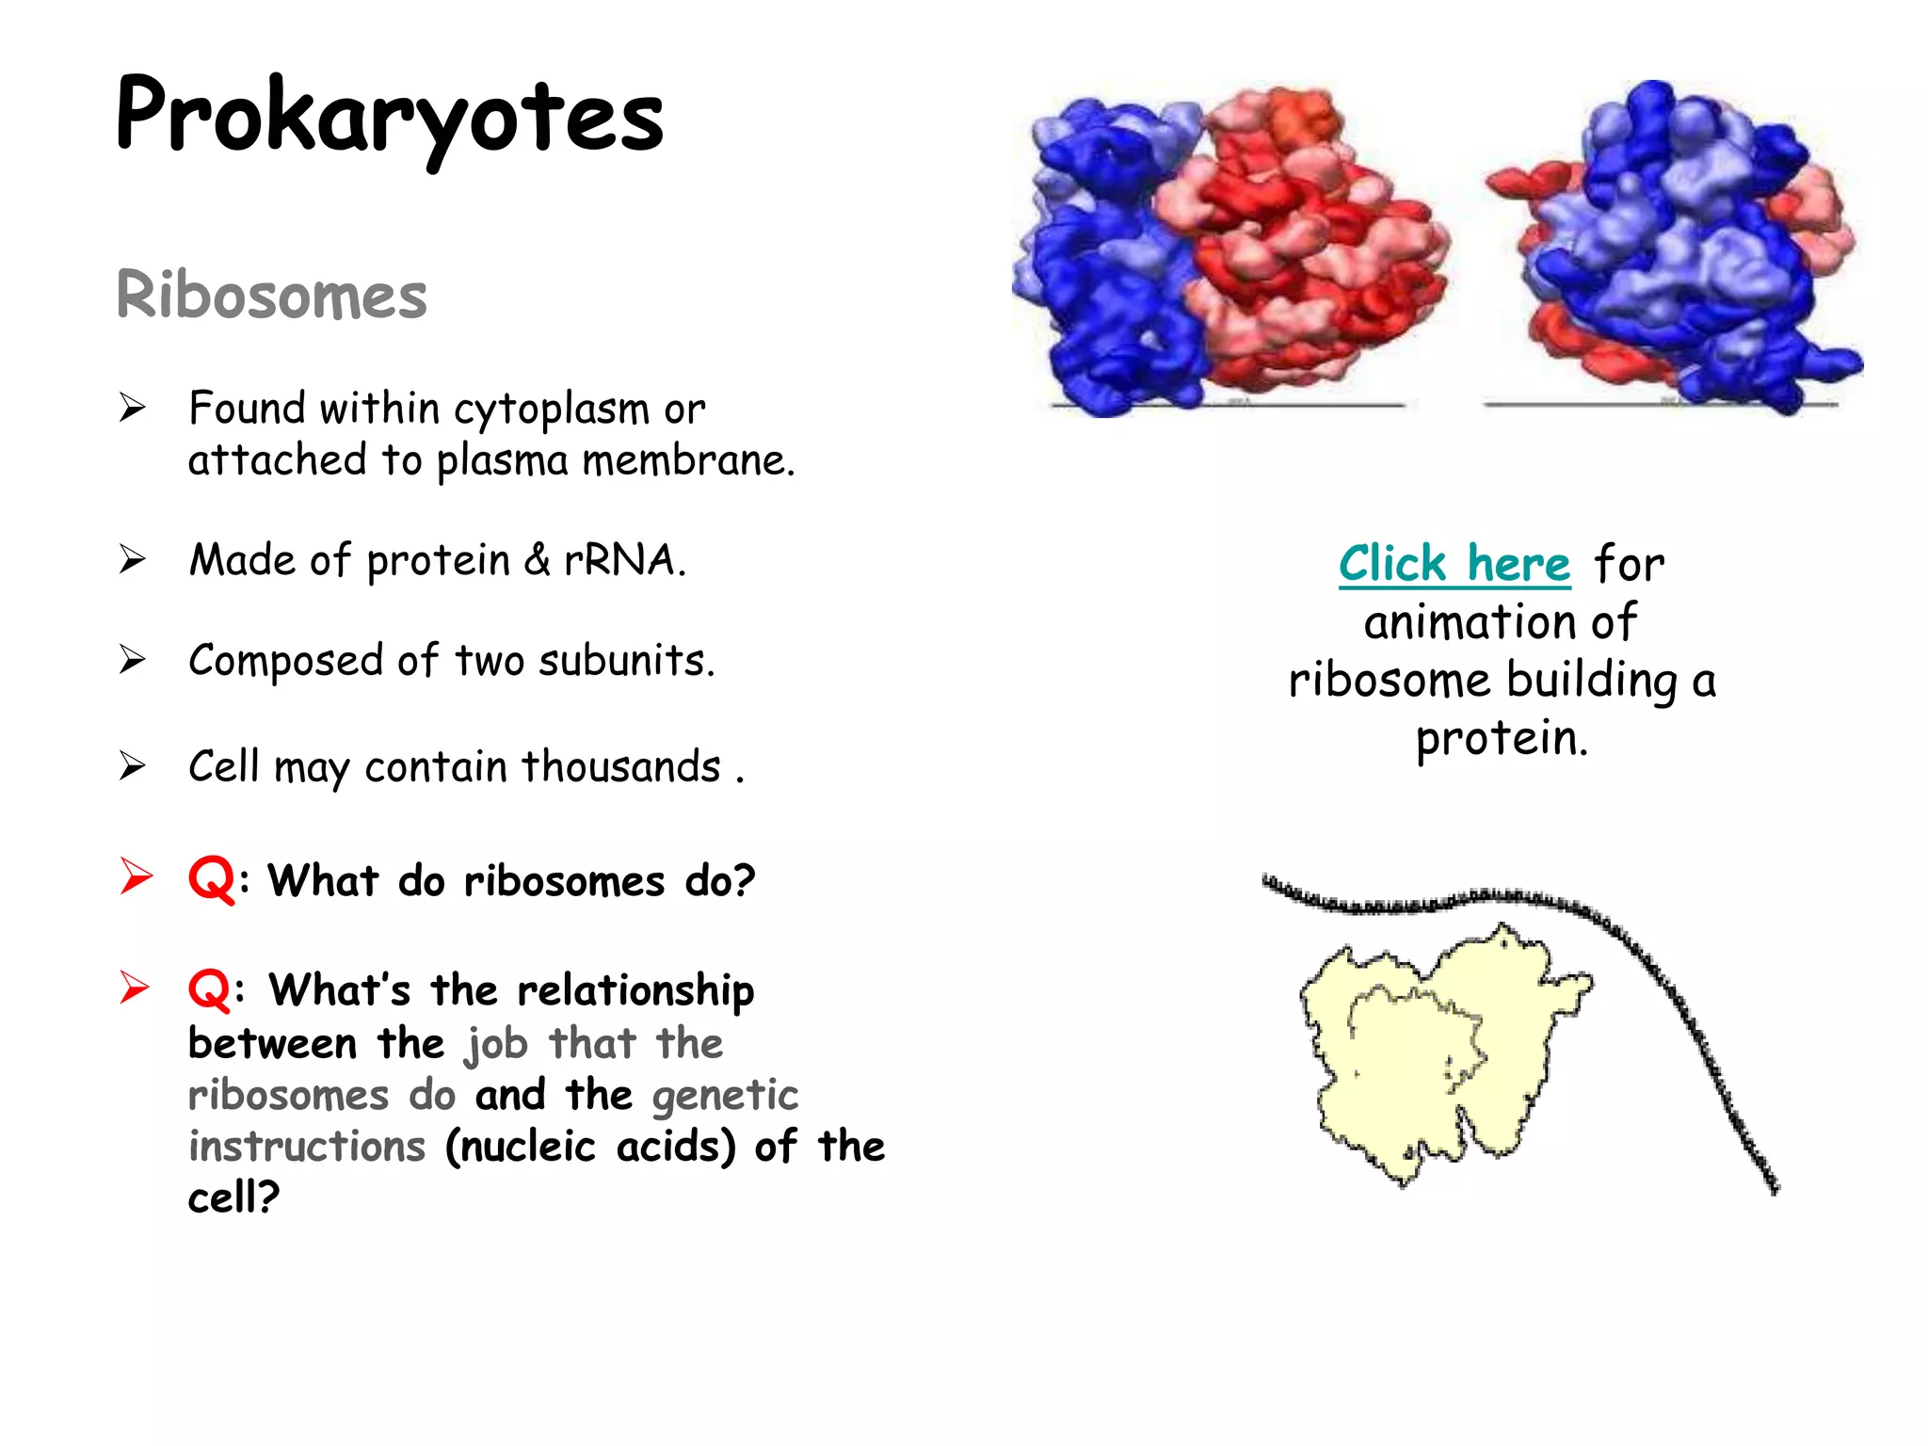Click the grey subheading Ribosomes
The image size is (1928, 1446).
point(271,296)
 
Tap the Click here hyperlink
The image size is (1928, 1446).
point(1454,564)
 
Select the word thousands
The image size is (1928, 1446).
point(620,766)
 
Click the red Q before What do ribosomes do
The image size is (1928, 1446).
point(211,880)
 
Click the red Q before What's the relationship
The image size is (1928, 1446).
point(209,990)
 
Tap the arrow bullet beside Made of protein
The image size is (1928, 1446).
point(133,560)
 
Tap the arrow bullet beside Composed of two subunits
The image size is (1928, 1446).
point(133,660)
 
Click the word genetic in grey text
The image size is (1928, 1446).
point(725,1096)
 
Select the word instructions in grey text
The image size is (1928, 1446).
point(307,1147)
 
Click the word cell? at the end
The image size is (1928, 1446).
point(233,1198)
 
